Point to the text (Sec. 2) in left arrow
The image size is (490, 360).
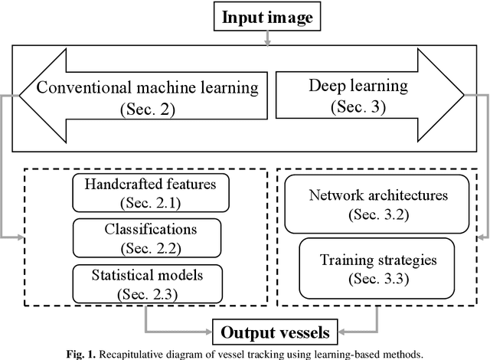pos(147,108)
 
